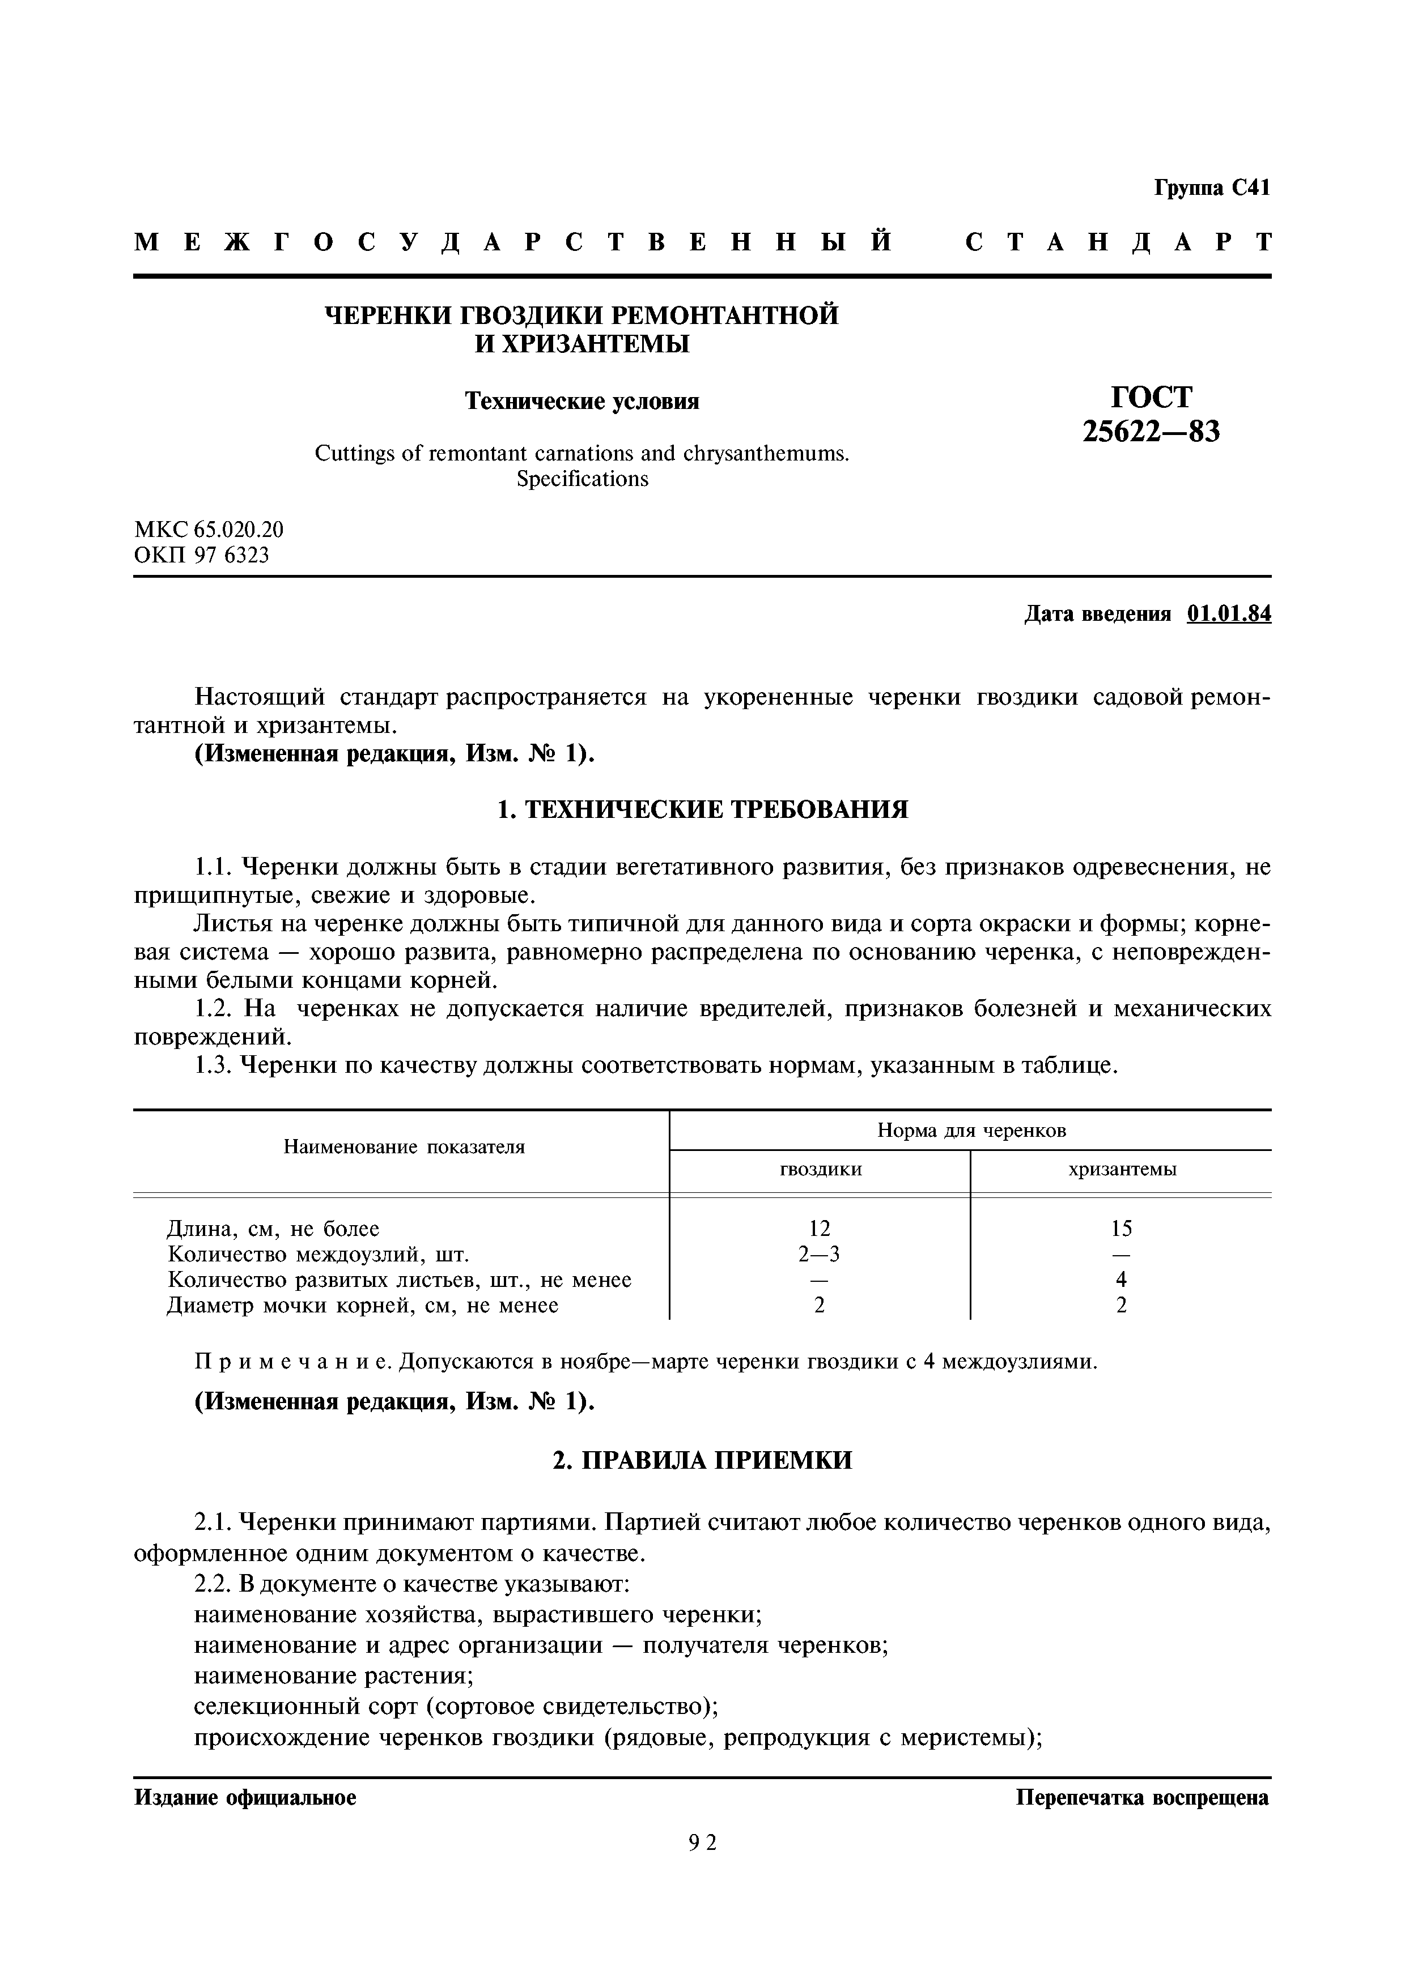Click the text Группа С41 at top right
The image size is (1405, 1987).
1211,188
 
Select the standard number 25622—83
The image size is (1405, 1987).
1151,430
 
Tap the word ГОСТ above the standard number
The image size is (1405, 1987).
1151,396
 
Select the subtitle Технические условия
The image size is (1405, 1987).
581,402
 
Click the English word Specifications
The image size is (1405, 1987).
581,479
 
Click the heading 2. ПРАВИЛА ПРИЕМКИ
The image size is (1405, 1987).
702,1460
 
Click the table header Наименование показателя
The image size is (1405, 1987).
404,1148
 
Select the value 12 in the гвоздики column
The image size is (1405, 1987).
819,1229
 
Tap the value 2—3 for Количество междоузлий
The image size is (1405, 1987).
819,1254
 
